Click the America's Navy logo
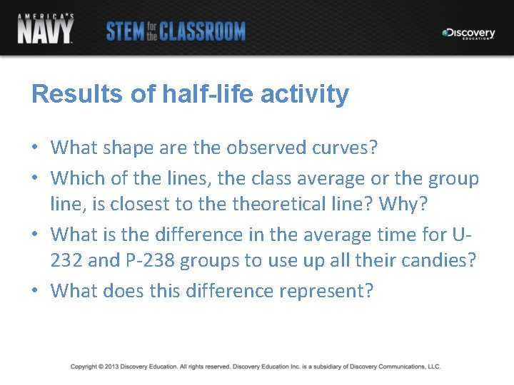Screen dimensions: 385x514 coord(45,29)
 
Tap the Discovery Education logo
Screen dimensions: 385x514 coord(468,34)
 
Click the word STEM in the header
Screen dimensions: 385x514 coord(125,31)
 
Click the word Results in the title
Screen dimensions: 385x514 coord(71,94)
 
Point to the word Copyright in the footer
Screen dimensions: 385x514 coord(85,366)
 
